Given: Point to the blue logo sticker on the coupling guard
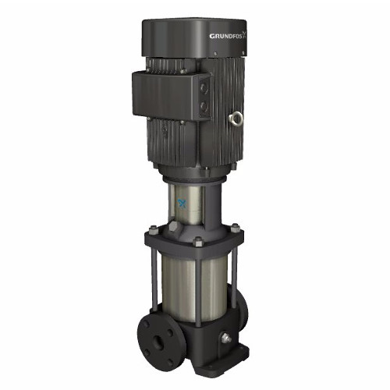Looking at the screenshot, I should click(x=183, y=205).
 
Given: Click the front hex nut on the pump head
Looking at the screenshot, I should click(x=197, y=240).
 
